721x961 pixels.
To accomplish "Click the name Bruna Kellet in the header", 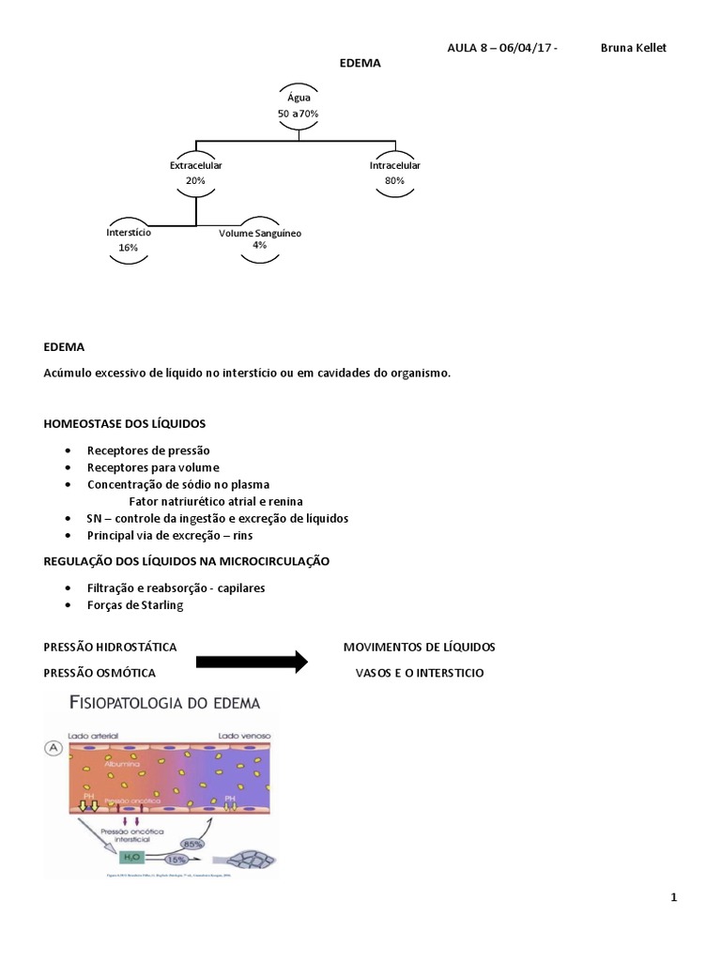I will [633, 48].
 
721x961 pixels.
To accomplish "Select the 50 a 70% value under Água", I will [299, 114].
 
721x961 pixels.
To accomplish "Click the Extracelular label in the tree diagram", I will [195, 165].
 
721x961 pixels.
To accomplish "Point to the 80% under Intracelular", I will [394, 180].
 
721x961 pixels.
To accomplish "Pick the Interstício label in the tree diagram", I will [129, 232].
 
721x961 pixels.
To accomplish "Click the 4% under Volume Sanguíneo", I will [260, 245].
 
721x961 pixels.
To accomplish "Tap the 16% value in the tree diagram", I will [129, 248].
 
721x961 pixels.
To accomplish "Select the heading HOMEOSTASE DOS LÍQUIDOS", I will [125, 424].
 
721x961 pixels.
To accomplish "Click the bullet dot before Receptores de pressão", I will [69, 450].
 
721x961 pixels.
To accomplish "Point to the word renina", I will [286, 501].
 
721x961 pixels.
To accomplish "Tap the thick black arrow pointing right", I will [252, 662].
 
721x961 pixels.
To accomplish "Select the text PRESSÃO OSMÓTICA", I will [100, 673].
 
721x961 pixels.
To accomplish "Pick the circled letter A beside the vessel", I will [54, 748].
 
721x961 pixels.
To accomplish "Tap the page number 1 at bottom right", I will [674, 898].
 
